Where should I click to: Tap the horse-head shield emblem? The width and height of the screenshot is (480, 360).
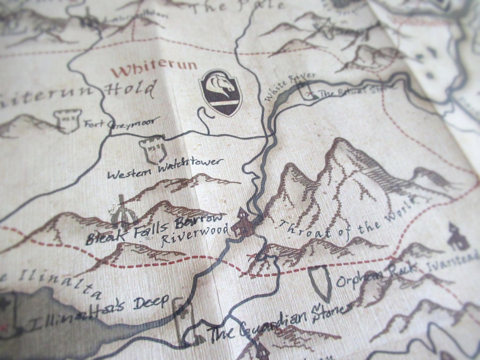221,93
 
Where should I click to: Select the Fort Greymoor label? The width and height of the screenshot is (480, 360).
122,123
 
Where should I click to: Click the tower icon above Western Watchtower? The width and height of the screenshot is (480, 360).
153,148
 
